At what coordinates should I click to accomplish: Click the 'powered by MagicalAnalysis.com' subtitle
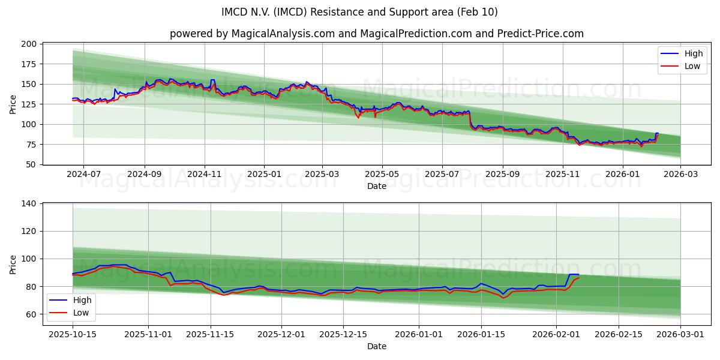coord(376,34)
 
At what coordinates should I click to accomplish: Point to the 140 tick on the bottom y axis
coord(30,203)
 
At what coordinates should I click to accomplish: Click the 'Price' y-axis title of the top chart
coord(13,104)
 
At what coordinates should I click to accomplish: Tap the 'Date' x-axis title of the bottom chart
coord(376,346)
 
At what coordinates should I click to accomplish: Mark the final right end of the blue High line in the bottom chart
coord(578,274)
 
